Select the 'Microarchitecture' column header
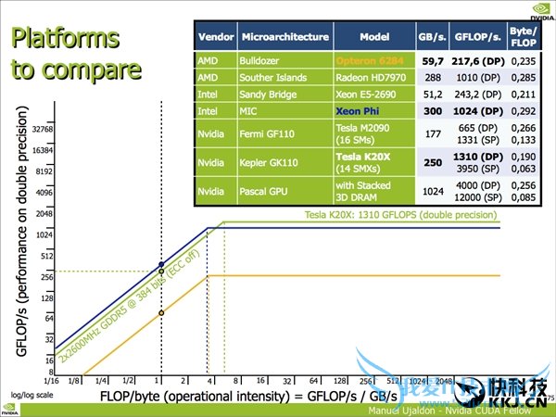[x=284, y=37]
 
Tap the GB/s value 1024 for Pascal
[x=433, y=191]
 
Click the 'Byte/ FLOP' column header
[x=524, y=37]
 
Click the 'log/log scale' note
[x=28, y=395]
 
